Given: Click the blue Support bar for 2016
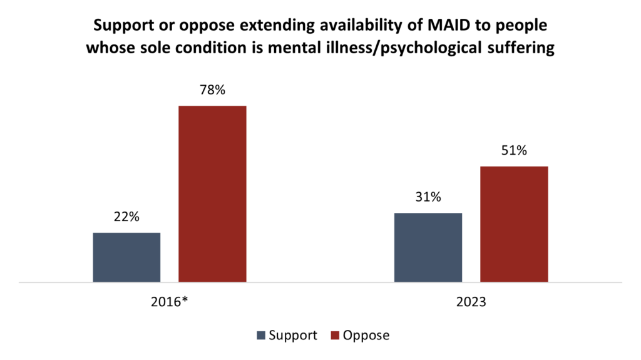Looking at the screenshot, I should [x=126, y=257].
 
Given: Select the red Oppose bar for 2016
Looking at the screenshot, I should [x=212, y=194].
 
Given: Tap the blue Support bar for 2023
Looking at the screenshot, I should [x=428, y=247].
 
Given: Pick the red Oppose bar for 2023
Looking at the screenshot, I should [x=514, y=224].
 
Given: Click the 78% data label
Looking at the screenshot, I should [x=212, y=90].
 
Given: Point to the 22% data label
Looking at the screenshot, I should [x=126, y=217].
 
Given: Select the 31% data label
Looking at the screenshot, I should [x=428, y=197].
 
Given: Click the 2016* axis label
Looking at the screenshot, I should [x=170, y=303].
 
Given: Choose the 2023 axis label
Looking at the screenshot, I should [x=471, y=303].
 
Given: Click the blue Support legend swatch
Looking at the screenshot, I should [x=261, y=336].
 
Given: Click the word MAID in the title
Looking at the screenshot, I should [x=435, y=27].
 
